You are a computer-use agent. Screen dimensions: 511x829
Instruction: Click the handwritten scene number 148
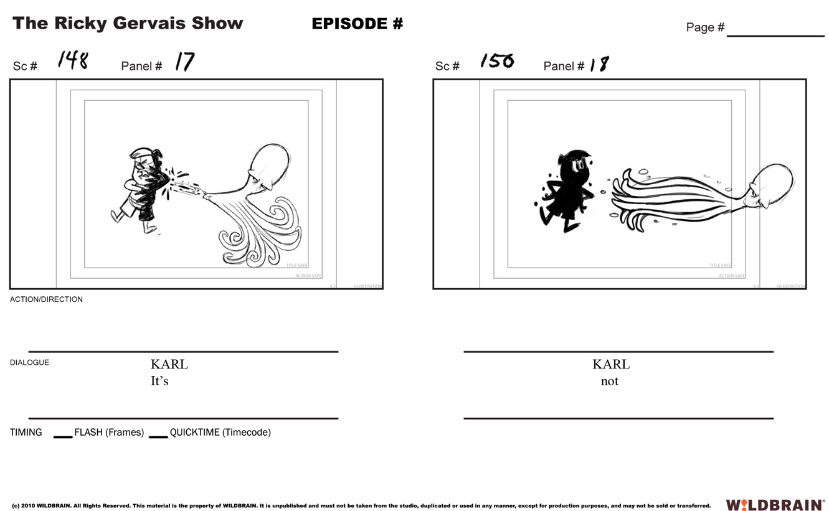pyautogui.click(x=73, y=60)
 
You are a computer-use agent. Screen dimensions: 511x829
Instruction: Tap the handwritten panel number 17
pyautogui.click(x=184, y=62)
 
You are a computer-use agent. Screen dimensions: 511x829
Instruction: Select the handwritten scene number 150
pyautogui.click(x=496, y=61)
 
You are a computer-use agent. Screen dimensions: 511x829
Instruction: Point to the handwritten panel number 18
pyautogui.click(x=599, y=63)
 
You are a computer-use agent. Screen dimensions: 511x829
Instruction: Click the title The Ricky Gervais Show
pyautogui.click(x=128, y=24)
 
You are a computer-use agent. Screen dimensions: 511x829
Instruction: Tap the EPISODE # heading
pyautogui.click(x=357, y=24)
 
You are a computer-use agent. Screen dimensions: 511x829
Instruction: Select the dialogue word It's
pyautogui.click(x=159, y=381)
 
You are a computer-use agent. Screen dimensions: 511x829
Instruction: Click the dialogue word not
pyautogui.click(x=609, y=381)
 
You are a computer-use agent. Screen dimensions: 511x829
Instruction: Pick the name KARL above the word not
pyautogui.click(x=610, y=364)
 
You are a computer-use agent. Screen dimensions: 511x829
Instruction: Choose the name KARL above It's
pyautogui.click(x=169, y=364)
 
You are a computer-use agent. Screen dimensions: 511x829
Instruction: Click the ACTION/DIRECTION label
pyautogui.click(x=46, y=299)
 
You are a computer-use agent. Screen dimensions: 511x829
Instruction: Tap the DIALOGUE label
pyautogui.click(x=29, y=362)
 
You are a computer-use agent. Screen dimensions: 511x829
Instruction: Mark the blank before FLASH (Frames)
pyautogui.click(x=63, y=435)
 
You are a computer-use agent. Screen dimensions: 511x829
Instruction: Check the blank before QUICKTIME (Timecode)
pyautogui.click(x=158, y=435)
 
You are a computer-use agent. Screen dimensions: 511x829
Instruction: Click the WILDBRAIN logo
pyautogui.click(x=775, y=505)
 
